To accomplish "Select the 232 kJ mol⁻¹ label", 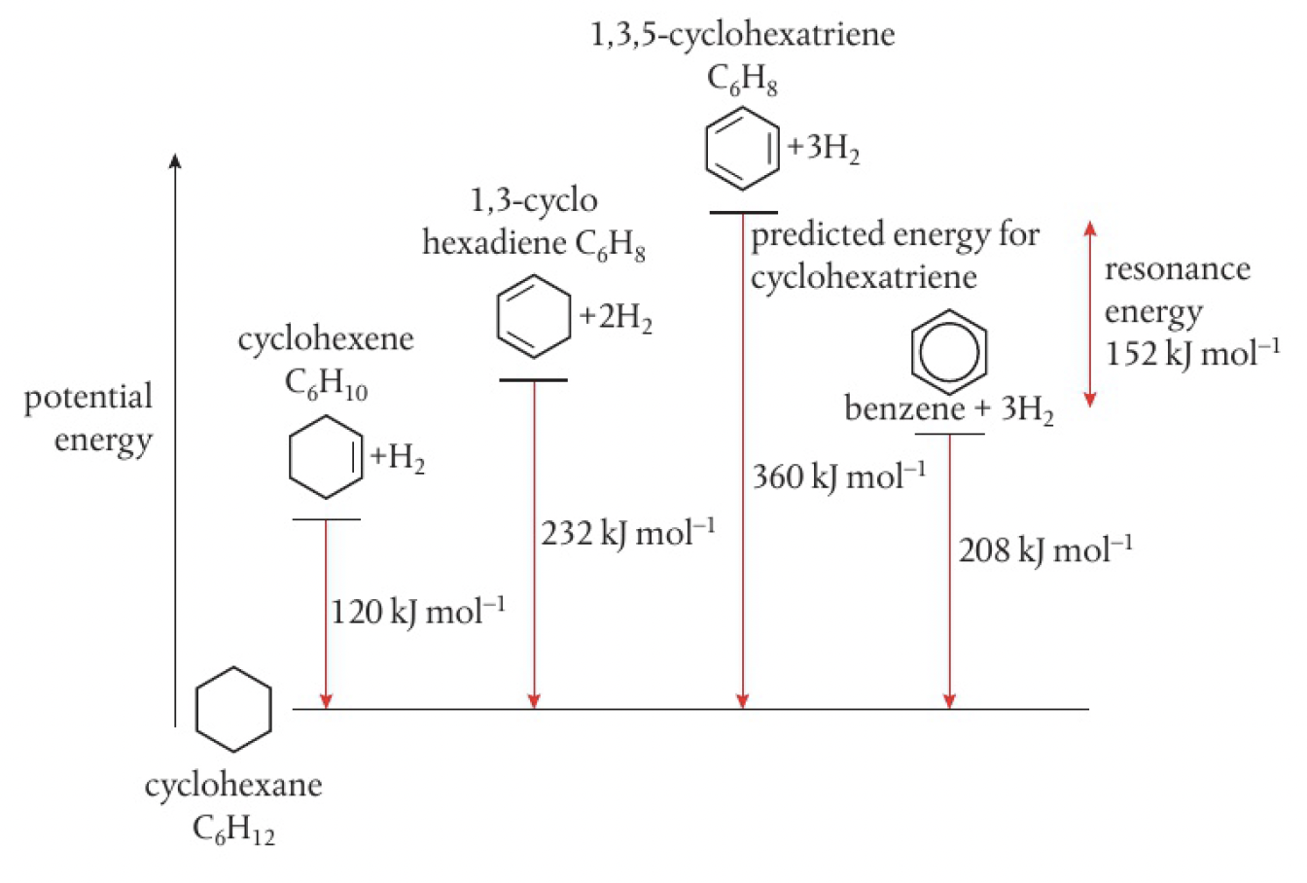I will (x=628, y=534).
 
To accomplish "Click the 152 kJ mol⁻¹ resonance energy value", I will (x=1192, y=353).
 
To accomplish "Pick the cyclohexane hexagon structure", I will (x=233, y=710).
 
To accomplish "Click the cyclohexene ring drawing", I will (x=327, y=457).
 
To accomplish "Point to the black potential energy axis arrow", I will (x=175, y=438).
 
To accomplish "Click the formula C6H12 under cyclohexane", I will (x=233, y=830).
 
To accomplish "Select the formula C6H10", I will (x=326, y=385).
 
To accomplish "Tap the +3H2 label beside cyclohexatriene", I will (x=824, y=152).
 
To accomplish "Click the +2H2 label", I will (x=616, y=319).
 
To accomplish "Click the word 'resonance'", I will (x=1177, y=269).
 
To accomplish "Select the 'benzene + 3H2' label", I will (x=948, y=409).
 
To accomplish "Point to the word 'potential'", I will (x=88, y=398).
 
